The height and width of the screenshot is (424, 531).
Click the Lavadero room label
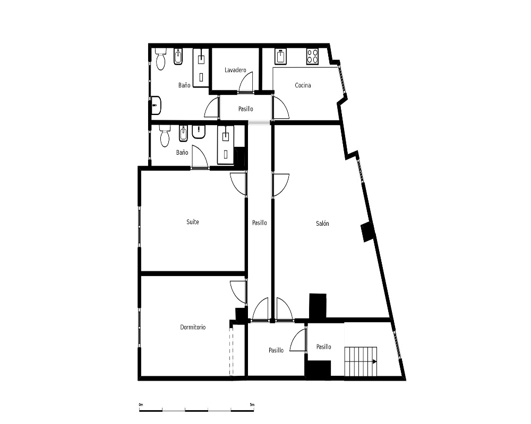pos(235,70)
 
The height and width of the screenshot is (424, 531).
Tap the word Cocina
pos(303,85)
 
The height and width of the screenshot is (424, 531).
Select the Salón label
pos(322,223)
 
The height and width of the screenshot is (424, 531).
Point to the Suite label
pos(193,222)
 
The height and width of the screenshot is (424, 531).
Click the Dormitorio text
pos(193,327)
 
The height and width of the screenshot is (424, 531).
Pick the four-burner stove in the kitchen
pos(312,57)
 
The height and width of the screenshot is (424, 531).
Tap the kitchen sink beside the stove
pos(281,57)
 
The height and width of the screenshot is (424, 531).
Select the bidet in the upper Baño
pos(178,57)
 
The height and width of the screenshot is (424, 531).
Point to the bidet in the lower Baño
pos(183,134)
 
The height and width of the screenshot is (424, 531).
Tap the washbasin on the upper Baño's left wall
pos(156,105)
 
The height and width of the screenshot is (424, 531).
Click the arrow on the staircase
pos(374,361)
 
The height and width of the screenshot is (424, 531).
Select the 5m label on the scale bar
pos(252,404)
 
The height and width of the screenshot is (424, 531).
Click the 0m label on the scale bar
pos(141,404)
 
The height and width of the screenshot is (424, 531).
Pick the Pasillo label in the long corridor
pos(260,223)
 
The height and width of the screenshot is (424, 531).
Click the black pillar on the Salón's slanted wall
pos(367,232)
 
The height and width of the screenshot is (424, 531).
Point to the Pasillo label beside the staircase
pos(324,347)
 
